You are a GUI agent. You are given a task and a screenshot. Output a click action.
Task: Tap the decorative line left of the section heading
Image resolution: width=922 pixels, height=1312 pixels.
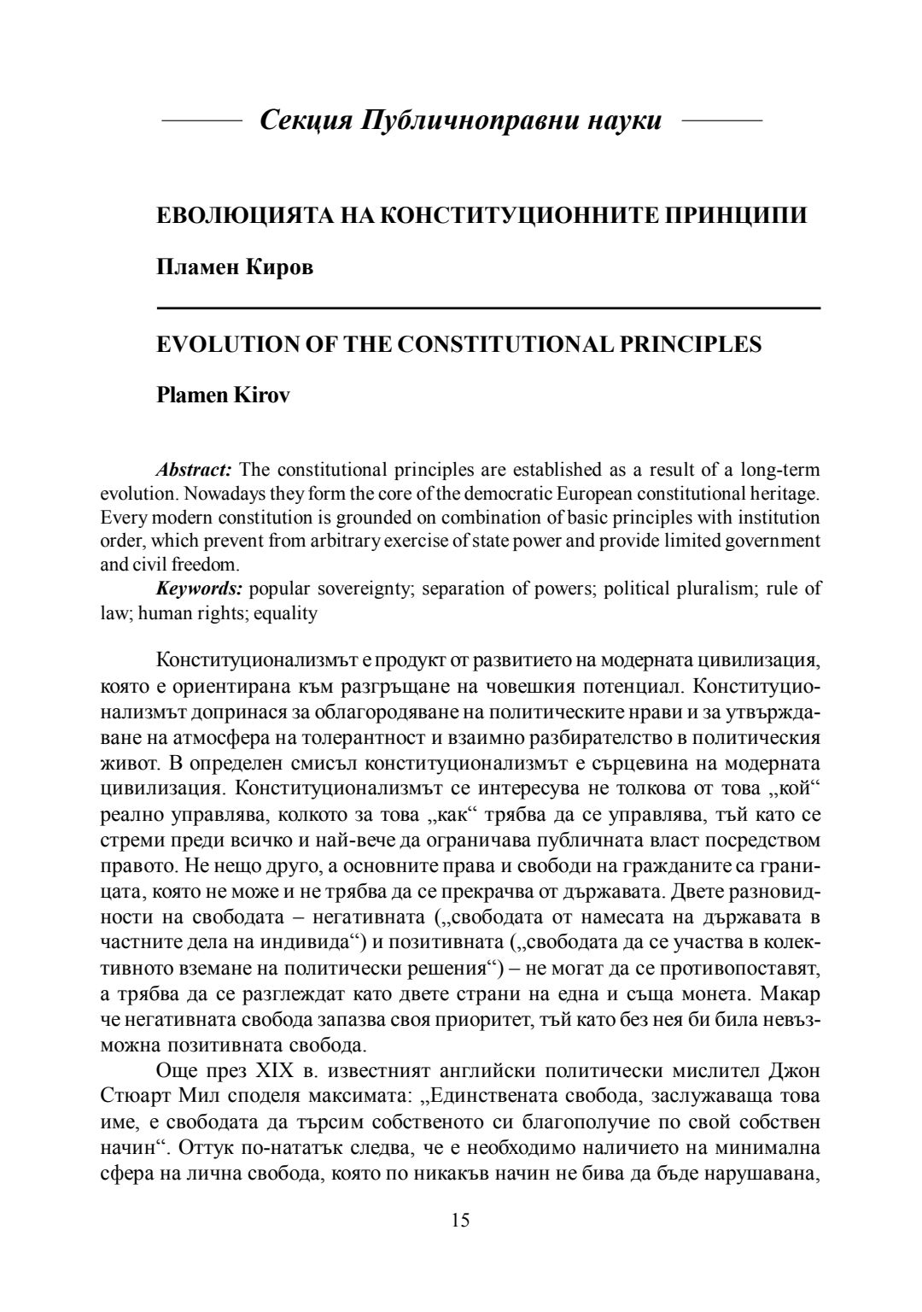point(202,121)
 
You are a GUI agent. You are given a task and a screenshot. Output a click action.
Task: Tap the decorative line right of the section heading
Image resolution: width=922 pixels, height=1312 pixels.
point(722,121)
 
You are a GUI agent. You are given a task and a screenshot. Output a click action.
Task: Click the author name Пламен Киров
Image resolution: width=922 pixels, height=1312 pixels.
point(235,267)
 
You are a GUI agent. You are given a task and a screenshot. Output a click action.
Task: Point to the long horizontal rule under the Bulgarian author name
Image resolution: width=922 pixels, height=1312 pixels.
point(488,307)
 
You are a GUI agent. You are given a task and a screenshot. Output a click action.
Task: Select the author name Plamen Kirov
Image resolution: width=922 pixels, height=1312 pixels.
point(223,396)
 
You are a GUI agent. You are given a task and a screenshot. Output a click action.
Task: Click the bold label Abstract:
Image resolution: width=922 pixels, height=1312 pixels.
point(194,470)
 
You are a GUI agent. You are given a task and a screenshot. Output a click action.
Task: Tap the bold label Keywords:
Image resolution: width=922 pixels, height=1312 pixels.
point(199,589)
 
